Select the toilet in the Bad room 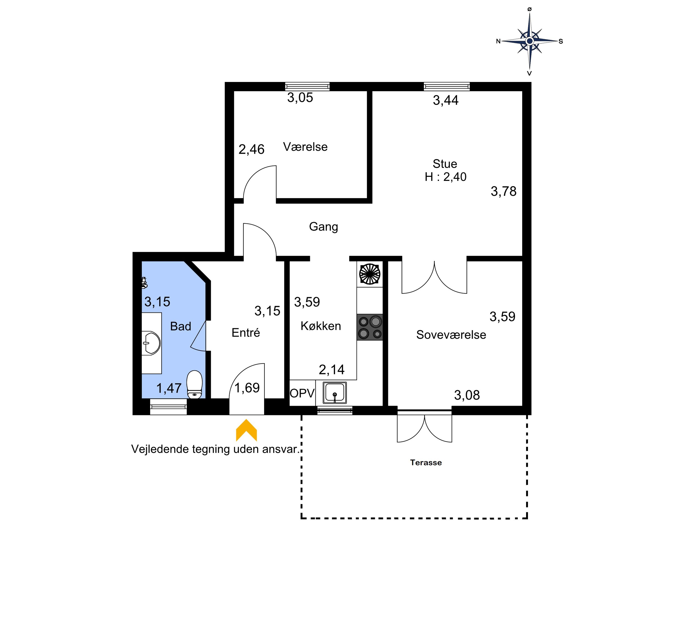click(x=194, y=385)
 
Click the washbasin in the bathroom click(x=151, y=343)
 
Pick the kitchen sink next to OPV click(x=335, y=393)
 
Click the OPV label click(x=302, y=393)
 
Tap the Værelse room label click(x=305, y=147)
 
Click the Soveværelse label click(x=451, y=335)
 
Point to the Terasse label click(x=426, y=463)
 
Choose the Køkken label click(x=321, y=326)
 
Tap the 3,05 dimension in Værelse click(x=300, y=98)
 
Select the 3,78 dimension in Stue click(x=504, y=191)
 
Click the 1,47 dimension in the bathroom click(x=169, y=388)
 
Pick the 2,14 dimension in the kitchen click(x=332, y=370)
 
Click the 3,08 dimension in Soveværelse click(x=467, y=395)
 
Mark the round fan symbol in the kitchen click(x=370, y=274)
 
